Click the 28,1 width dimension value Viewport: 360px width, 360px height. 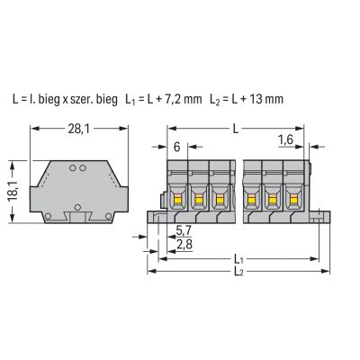point(76,130)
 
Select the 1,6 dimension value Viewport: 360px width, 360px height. point(285,139)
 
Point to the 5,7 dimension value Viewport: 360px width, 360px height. point(184,230)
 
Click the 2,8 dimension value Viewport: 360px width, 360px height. point(184,245)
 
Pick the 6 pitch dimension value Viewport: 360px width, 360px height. point(177,147)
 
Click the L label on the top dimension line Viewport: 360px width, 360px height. point(236,130)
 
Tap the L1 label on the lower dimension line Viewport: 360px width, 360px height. point(238,258)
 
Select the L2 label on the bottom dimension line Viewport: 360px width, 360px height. point(238,271)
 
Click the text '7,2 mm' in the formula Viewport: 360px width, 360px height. point(183,99)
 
